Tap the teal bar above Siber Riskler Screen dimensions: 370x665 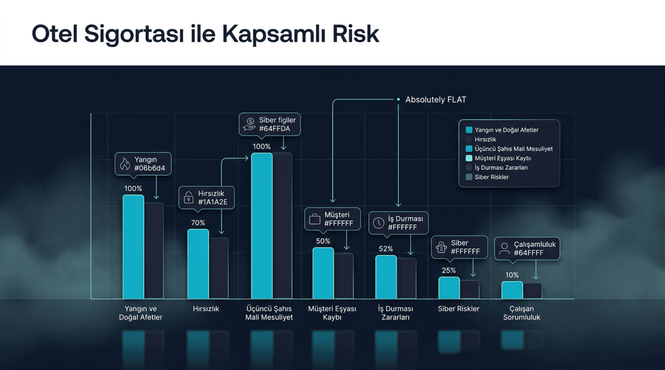point(449,288)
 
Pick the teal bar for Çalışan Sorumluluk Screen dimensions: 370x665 point(512,290)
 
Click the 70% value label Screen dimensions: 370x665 point(198,223)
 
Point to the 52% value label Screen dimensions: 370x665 point(385,249)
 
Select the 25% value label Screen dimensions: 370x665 point(449,270)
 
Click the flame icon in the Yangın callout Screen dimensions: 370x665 point(125,164)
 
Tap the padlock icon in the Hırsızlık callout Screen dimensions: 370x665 point(188,197)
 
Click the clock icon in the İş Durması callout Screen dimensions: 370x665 point(379,223)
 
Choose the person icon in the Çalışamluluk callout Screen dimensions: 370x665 point(504,249)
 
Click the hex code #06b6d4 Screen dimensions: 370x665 point(150,168)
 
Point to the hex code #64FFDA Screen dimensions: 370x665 point(274,129)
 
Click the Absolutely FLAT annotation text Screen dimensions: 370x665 point(436,100)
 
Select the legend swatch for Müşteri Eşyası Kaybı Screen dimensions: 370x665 point(469,158)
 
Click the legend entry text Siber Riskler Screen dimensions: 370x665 point(491,177)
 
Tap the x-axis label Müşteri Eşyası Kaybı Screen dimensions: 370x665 point(332,313)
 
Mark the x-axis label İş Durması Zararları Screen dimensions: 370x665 point(395,313)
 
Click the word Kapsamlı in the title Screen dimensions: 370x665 point(274,34)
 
